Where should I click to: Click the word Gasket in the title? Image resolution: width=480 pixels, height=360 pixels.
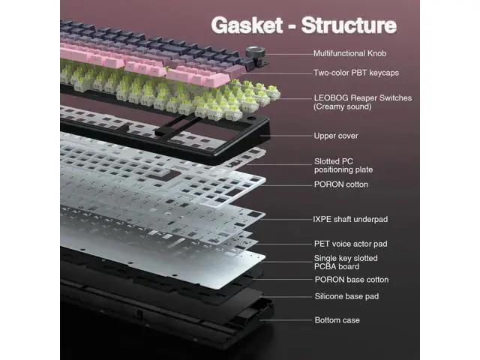coord(247,25)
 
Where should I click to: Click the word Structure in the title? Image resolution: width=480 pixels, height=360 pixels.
coord(349,25)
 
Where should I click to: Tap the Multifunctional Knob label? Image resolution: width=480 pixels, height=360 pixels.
coord(350,53)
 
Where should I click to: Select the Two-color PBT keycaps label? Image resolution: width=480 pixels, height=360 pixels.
coord(356,73)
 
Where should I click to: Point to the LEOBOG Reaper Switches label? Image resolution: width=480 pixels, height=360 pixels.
coord(363,98)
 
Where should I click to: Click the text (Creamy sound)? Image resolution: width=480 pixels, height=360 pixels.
coord(343,106)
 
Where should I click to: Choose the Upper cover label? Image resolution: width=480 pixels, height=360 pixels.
coord(336,136)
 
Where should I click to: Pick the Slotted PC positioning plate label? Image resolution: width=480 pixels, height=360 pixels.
coord(343,166)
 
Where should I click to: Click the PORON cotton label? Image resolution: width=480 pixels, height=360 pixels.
coord(341,184)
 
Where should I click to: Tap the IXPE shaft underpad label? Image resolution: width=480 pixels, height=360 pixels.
coord(350,219)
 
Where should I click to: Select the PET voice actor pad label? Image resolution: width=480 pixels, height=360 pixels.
coord(350,244)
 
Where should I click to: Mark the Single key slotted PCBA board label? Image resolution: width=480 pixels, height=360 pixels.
coord(346,262)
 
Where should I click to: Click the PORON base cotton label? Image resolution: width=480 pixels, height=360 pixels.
coord(352,280)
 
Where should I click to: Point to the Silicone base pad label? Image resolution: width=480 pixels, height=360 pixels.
coord(346,296)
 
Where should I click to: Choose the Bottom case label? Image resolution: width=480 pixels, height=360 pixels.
coord(337,320)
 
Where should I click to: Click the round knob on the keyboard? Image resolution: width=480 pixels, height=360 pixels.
coord(255,52)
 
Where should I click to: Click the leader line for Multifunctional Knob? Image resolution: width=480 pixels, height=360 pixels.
coord(289,54)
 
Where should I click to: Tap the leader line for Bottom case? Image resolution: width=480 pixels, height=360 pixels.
coord(286,320)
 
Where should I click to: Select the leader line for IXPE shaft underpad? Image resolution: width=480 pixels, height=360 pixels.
coord(287,220)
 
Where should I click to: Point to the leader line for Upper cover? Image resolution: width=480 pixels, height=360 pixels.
coord(286,136)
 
